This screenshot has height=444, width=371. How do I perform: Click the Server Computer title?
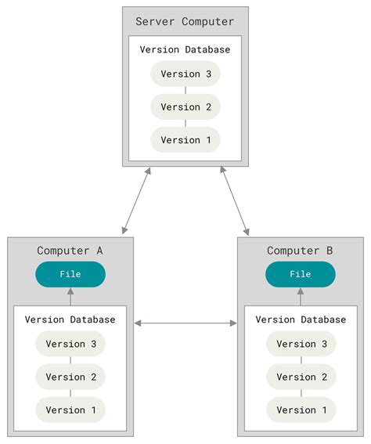185,21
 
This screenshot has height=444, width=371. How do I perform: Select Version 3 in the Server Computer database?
185,74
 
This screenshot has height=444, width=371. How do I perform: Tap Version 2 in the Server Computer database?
185,106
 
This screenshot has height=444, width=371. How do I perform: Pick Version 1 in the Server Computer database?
185,140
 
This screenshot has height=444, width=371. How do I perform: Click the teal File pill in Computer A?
70,274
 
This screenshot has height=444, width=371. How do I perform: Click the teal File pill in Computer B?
301,274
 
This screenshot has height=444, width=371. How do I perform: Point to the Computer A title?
70,251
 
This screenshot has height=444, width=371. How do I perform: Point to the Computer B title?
300,251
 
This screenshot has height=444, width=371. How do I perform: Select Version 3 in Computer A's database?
70,344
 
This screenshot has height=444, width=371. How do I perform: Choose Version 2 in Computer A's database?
70,377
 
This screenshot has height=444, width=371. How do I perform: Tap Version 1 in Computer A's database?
70,410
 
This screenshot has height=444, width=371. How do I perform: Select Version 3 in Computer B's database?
301,344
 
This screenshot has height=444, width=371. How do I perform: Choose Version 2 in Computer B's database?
301,377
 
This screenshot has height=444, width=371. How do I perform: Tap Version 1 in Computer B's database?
301,410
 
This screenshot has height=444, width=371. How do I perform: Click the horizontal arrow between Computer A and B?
185,323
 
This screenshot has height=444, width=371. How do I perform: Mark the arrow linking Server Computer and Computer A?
136,200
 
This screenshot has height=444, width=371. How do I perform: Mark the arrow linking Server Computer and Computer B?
235,200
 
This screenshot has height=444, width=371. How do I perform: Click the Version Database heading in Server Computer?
185,49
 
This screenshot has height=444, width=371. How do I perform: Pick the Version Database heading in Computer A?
70,319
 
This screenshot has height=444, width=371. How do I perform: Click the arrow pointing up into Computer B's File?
301,297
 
